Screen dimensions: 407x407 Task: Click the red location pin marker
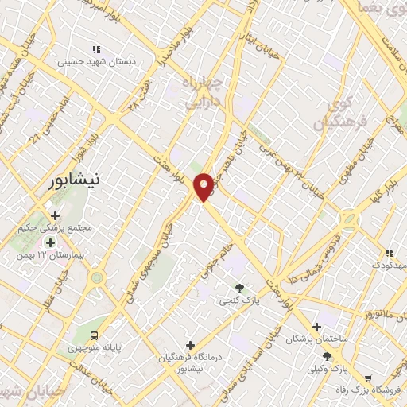[204, 186]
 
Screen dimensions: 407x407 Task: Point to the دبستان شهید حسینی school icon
[97, 49]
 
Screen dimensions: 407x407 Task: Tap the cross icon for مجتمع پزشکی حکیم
[54, 215]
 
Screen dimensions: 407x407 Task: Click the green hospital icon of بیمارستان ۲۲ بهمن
[50, 242]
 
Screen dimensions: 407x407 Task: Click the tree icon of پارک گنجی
[239, 287]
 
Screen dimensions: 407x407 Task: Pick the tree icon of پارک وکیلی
[327, 356]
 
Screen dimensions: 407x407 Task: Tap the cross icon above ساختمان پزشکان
[316, 327]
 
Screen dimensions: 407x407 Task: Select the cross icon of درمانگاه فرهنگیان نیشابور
[189, 345]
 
